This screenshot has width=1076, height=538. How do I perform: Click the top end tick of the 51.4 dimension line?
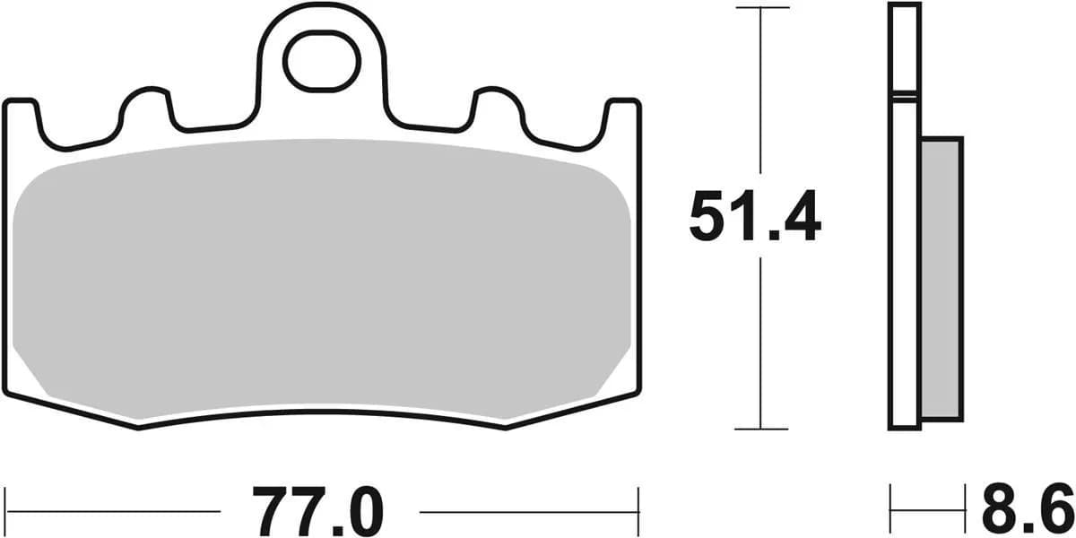pyautogui.click(x=760, y=8)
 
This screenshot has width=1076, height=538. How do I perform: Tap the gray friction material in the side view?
pyautogui.click(x=941, y=278)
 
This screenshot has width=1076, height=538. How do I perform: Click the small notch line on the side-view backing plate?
pyautogui.click(x=905, y=94)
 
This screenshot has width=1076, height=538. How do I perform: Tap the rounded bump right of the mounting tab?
pyautogui.click(x=497, y=103)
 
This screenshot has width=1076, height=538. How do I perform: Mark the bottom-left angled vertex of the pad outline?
pyautogui.click(x=139, y=429)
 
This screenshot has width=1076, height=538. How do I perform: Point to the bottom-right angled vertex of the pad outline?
pyautogui.click(x=506, y=429)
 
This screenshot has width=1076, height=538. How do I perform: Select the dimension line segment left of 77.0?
pyautogui.click(x=117, y=512)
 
